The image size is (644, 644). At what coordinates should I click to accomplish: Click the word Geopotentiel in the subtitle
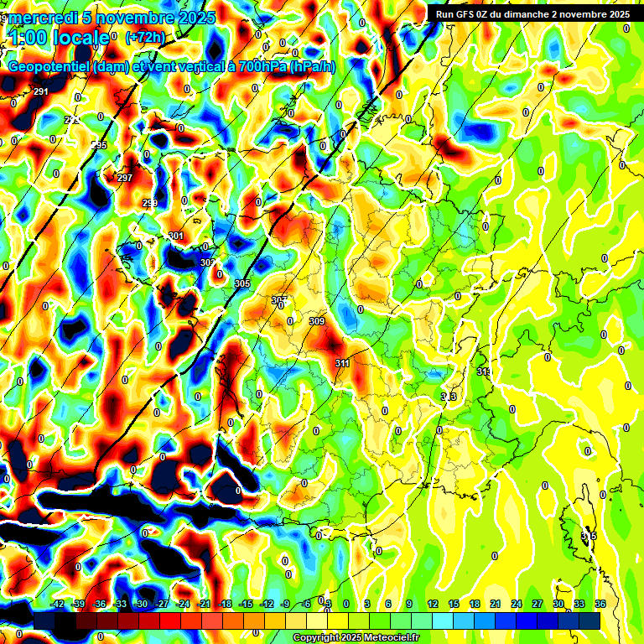pyautogui.click(x=49, y=67)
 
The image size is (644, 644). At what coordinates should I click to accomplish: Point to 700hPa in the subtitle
pyautogui.click(x=257, y=67)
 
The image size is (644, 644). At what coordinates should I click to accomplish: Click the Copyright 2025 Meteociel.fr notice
pyautogui.click(x=355, y=638)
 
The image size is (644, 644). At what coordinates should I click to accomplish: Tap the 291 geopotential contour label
pyautogui.click(x=41, y=91)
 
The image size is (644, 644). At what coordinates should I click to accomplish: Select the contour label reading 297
pyautogui.click(x=125, y=178)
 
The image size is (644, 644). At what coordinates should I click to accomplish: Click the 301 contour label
pyautogui.click(x=175, y=236)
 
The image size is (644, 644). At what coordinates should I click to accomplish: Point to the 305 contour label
pyautogui.click(x=242, y=283)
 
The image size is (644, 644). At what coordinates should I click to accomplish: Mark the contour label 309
pyautogui.click(x=316, y=321)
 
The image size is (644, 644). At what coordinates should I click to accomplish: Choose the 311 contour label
pyautogui.click(x=342, y=363)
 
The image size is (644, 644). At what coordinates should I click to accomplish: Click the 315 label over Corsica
pyautogui.click(x=589, y=536)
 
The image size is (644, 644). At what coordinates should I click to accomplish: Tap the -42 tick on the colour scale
pyautogui.click(x=58, y=605)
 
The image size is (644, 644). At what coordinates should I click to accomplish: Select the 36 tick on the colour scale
pyautogui.click(x=600, y=605)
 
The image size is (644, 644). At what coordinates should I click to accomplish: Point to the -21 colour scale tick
pyautogui.click(x=205, y=605)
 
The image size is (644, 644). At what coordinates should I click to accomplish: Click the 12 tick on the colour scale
pyautogui.click(x=432, y=605)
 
